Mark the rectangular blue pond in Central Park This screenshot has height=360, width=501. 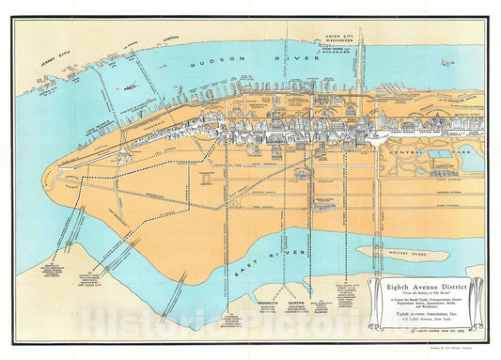pos(439,154)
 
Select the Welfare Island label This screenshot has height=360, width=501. pos(402,252)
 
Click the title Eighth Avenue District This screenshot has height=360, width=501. pos(427,287)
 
